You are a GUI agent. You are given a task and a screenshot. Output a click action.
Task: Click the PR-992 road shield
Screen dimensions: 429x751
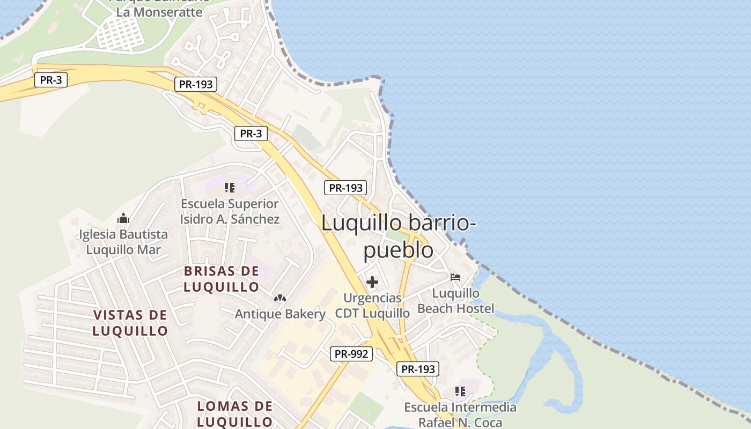point(352,354)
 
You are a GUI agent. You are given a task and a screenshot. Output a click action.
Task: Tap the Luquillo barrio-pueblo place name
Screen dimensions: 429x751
point(399,236)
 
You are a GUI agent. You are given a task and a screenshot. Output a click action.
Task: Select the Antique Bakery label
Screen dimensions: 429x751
point(280,314)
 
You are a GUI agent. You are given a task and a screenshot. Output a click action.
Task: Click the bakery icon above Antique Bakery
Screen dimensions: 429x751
point(280,298)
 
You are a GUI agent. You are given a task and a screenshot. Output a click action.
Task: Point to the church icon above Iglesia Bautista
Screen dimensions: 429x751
point(123,218)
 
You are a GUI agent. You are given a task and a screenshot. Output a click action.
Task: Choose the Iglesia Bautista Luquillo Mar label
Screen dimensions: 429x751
point(123,242)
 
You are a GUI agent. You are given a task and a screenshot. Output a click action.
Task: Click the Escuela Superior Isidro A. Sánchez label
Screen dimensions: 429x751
point(230,211)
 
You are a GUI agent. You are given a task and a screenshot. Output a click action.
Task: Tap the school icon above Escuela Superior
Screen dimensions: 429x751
point(230,188)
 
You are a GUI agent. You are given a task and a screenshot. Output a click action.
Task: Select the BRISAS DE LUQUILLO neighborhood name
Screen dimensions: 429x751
point(222,279)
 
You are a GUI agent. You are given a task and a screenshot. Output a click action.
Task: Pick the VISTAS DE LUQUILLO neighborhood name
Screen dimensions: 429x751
point(130,322)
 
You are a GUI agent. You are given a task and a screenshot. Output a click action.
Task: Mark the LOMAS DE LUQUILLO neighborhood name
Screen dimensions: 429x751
point(235,413)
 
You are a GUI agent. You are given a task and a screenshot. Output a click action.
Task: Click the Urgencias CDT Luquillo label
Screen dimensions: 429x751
point(372,305)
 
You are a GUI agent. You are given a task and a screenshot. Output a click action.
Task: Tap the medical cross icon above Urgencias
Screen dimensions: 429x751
point(372,282)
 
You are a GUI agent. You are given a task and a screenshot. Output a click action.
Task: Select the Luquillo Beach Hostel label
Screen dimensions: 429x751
point(456,301)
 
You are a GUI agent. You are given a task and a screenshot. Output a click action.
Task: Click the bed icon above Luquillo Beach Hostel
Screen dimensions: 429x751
point(455,277)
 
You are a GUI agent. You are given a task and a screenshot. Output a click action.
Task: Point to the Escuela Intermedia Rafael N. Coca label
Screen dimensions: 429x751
point(460,415)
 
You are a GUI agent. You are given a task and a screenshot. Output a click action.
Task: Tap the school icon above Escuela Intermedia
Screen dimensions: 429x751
point(460,391)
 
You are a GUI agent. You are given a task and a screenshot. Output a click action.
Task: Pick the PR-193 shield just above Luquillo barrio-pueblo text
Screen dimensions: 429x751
point(346,188)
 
